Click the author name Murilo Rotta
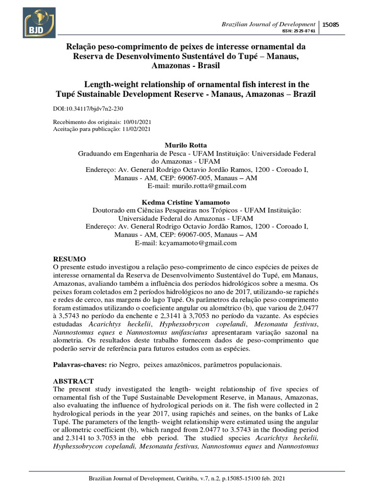coord(186,145)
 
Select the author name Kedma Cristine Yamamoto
coord(186,202)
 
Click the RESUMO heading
coord(69,259)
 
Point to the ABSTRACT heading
coord(73,381)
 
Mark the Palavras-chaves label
coord(79,363)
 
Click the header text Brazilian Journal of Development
coord(268,24)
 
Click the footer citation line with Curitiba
coord(186,479)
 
